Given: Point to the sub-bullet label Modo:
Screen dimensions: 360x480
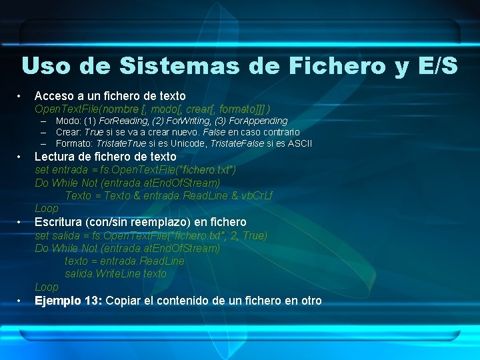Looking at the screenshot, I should (68, 121).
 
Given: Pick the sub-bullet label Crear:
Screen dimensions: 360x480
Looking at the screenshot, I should (69, 132).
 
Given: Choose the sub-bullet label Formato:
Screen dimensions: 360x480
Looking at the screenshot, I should (75, 143).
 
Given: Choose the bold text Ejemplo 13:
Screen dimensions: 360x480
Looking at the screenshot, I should (68, 300).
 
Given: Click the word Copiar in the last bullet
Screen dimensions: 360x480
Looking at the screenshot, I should (123, 300).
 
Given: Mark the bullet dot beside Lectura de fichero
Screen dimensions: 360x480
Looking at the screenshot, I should (21, 157).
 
